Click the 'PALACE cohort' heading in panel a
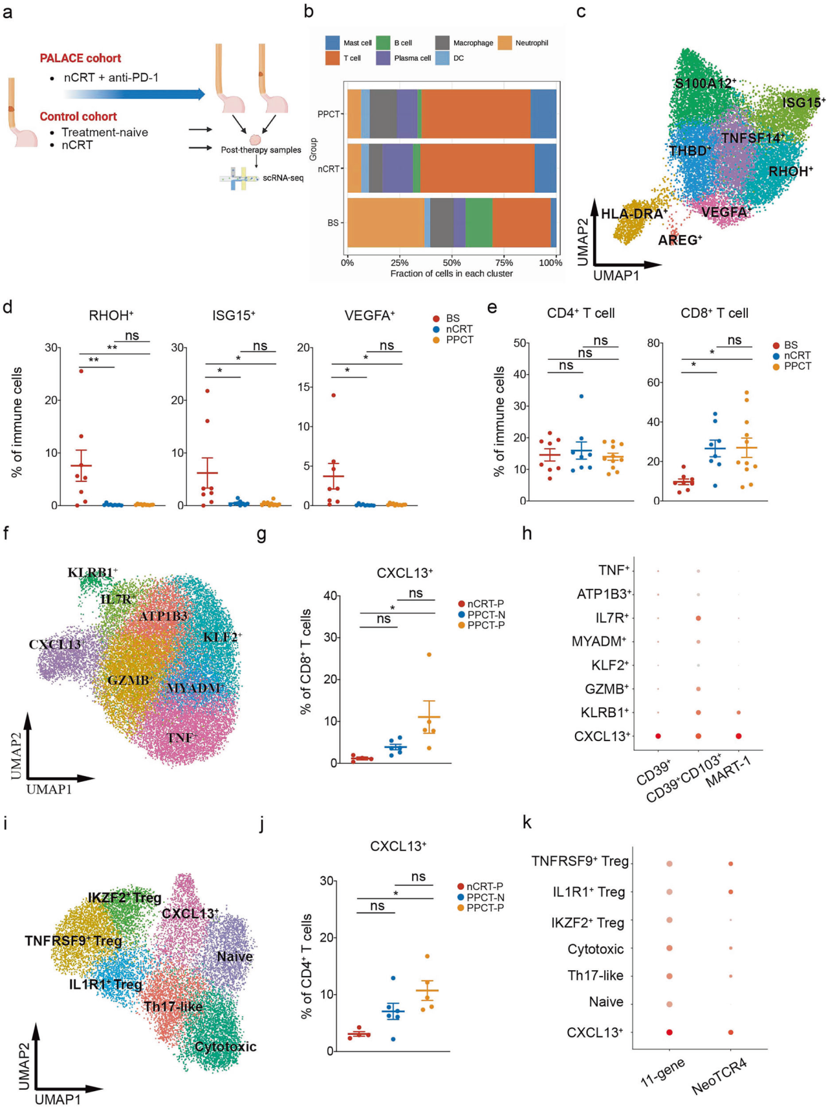point(80,58)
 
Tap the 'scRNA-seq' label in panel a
point(283,178)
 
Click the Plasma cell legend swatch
point(383,58)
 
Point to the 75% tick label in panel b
point(504,263)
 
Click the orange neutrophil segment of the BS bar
point(386,223)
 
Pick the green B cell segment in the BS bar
point(479,223)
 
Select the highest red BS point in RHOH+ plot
point(82,371)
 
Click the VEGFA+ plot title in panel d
point(369,316)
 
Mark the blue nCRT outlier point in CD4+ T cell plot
point(581,396)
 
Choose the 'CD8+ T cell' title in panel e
point(714,313)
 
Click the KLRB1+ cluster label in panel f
point(92,573)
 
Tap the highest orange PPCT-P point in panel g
point(429,654)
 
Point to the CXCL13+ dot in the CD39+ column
point(658,736)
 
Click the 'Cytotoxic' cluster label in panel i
point(225,1047)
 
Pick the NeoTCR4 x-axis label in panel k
point(719,1077)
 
